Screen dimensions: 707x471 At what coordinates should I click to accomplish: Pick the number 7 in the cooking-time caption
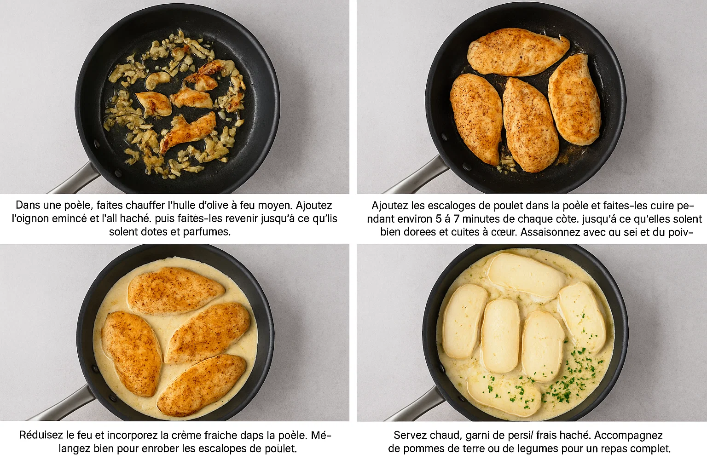[x=457, y=219]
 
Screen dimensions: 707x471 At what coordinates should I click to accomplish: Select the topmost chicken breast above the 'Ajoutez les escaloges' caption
[x=518, y=52]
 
